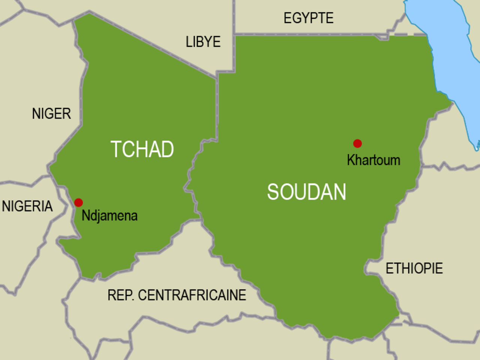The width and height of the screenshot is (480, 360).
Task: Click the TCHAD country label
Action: coord(142,149)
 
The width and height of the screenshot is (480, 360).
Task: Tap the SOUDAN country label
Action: coord(306,192)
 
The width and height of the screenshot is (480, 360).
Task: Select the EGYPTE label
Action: coord(308,18)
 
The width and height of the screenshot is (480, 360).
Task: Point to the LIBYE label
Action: coord(203,42)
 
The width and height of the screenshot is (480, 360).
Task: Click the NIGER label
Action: coord(51,114)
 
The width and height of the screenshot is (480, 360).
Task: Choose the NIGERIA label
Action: coord(27,206)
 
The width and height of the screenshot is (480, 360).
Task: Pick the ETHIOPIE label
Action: coord(414,268)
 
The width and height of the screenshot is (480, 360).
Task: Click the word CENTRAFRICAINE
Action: coord(192,295)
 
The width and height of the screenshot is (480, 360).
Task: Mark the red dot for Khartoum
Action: coord(357,143)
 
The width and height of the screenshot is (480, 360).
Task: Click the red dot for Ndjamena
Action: coord(78,202)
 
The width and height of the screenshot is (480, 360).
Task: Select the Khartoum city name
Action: coord(373,160)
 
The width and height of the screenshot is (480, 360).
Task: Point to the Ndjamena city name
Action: coord(109,216)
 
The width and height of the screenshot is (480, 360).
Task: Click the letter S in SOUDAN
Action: coord(274,192)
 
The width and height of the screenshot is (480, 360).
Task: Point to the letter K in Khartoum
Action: coord(351,160)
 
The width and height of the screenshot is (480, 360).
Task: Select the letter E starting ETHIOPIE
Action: coord(390,268)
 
